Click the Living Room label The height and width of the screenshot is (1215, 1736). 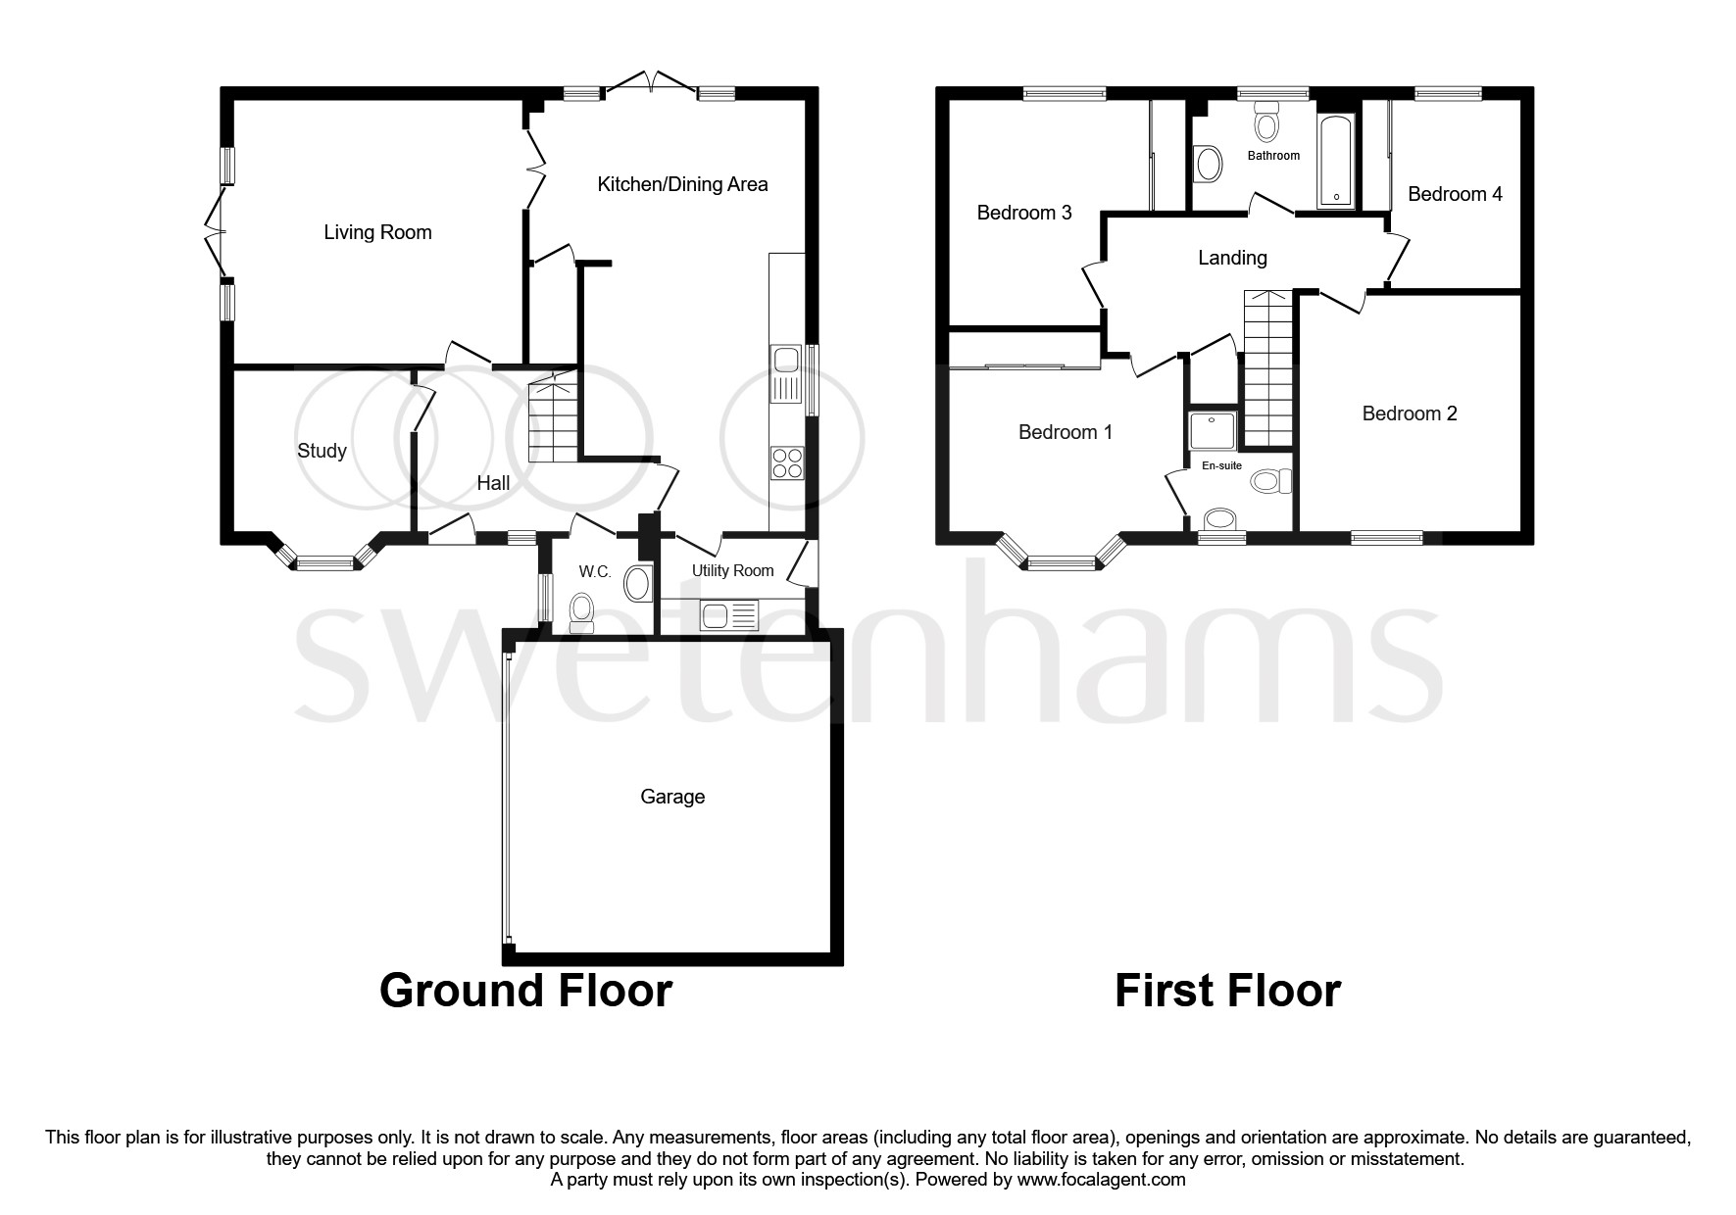[x=377, y=232]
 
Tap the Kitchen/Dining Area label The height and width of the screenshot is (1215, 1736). [x=682, y=184]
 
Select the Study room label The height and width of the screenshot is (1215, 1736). [x=322, y=451]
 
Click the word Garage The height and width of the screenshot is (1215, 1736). [x=672, y=797]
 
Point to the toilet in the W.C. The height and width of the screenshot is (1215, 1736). [x=581, y=610]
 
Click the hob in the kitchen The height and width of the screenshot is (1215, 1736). [x=787, y=462]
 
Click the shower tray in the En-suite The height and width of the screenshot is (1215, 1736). [x=1212, y=428]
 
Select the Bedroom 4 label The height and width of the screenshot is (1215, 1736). [x=1455, y=194]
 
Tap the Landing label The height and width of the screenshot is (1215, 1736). [x=1232, y=258]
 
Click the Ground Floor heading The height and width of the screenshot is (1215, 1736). [x=525, y=991]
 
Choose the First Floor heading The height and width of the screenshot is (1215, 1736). [x=1227, y=991]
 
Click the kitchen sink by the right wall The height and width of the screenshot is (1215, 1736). [x=786, y=374]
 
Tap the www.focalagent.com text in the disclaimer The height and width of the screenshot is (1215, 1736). [x=1101, y=1180]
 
